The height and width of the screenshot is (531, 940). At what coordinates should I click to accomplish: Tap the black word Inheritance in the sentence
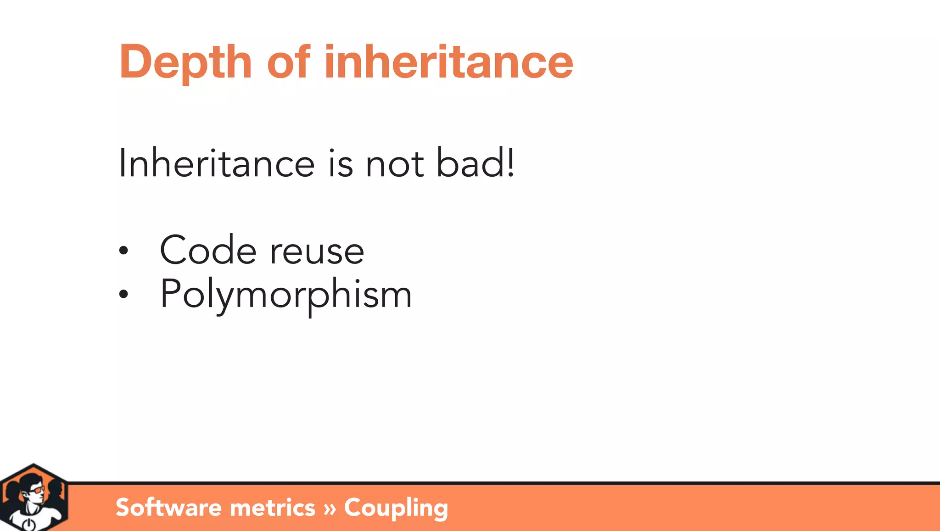(216, 164)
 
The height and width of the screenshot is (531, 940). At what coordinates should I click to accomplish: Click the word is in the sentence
(341, 164)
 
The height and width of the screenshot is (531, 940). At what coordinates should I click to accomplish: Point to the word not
(394, 164)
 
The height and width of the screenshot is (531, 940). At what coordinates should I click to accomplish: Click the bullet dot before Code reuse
(123, 251)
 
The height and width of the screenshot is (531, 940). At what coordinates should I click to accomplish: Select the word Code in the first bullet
(207, 251)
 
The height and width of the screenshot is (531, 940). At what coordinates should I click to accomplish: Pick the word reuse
(317, 252)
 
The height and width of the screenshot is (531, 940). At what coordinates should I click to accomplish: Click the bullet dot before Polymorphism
(123, 294)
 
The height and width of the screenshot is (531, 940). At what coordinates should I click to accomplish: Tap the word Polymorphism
(285, 295)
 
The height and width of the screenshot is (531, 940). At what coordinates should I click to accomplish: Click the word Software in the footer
(168, 508)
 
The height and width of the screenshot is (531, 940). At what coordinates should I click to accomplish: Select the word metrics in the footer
(272, 508)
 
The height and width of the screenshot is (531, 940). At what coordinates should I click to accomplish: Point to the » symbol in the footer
(330, 509)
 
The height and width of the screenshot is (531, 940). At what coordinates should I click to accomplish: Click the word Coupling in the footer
(396, 509)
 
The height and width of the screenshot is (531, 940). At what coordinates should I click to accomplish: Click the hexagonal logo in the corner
(34, 498)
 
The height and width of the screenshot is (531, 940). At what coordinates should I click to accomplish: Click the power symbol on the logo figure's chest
(28, 524)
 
